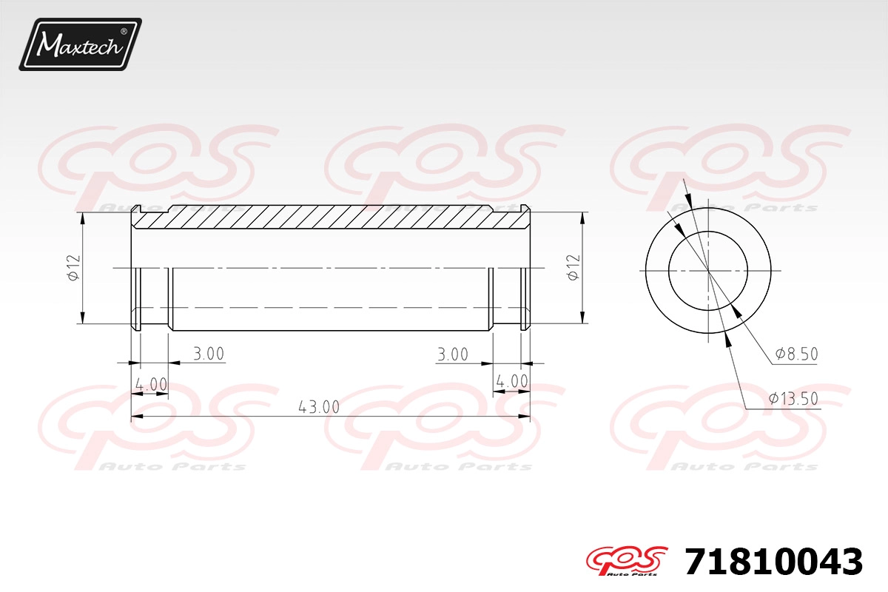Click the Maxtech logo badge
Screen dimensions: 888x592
click(x=81, y=44)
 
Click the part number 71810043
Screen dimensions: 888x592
click(x=773, y=562)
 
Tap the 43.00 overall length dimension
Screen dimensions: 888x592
click(x=319, y=407)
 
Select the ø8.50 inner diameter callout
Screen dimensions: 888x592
click(x=796, y=354)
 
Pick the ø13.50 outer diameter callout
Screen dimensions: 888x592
click(x=793, y=398)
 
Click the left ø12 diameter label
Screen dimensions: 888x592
click(x=74, y=268)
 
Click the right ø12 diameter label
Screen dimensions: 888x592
click(x=573, y=268)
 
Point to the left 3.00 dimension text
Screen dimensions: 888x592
click(x=209, y=353)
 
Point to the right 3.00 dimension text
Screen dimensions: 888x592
click(x=453, y=354)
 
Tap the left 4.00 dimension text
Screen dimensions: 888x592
click(x=152, y=384)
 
